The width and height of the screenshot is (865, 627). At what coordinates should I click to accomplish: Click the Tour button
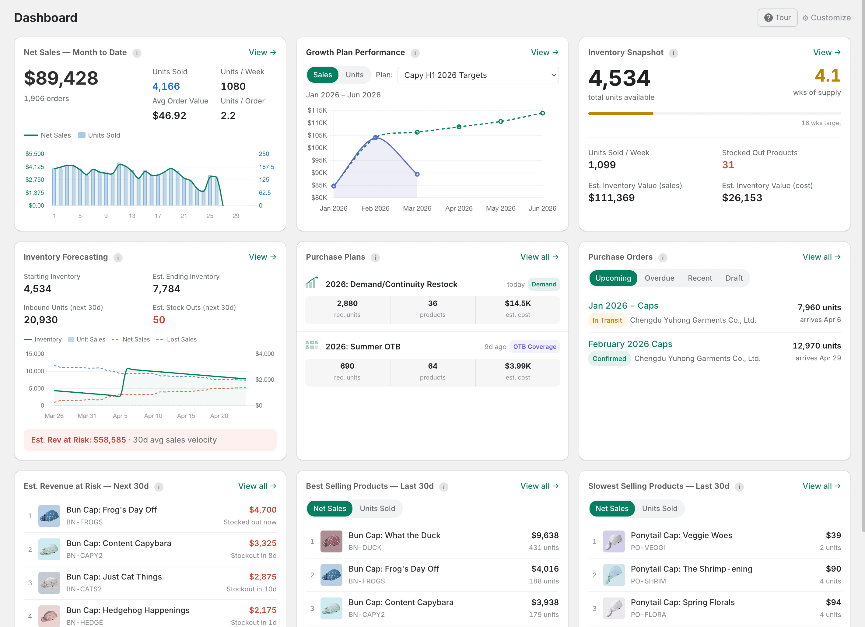[x=777, y=18]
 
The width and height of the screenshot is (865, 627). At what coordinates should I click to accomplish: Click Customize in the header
[x=826, y=18]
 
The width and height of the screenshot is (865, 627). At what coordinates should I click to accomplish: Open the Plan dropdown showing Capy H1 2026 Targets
[x=478, y=75]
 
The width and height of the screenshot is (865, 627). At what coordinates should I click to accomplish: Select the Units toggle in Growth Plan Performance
[x=354, y=75]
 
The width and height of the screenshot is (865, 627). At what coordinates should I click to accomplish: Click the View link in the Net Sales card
[x=262, y=52]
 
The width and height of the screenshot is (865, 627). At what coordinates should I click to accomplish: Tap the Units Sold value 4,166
[x=166, y=86]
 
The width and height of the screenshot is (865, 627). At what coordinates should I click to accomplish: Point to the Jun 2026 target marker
[x=542, y=113]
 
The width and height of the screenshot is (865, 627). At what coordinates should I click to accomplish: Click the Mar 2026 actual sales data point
[x=417, y=174]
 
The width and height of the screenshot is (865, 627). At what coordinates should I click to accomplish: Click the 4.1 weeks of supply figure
[x=827, y=75]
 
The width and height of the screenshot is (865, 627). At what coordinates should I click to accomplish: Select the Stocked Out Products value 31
[x=728, y=165]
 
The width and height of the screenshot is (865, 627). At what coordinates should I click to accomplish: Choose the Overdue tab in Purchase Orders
[x=659, y=278]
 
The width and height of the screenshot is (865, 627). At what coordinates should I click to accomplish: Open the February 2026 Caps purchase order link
[x=630, y=344]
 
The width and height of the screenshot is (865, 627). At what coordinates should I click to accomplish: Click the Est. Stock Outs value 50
[x=159, y=320]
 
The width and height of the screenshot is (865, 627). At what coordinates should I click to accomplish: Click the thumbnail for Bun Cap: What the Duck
[x=331, y=541]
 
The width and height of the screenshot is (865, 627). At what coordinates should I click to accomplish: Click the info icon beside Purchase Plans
[x=375, y=257]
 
